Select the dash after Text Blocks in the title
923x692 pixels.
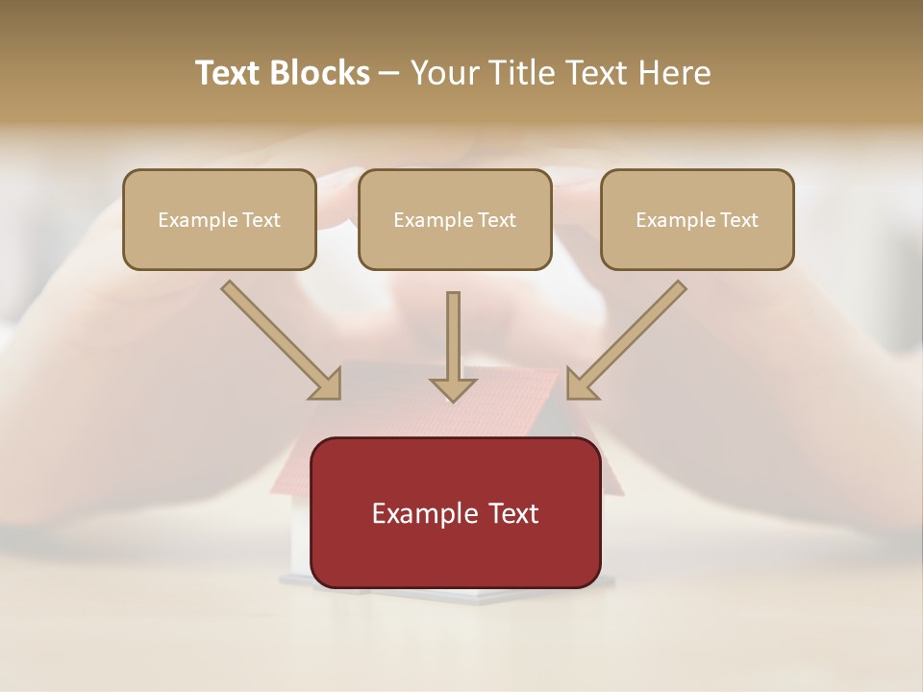click(x=389, y=74)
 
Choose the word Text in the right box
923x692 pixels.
click(x=738, y=220)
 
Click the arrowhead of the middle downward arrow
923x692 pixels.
click(x=453, y=388)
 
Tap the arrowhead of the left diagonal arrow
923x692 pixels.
click(x=327, y=385)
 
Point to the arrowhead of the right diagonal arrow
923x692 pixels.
click(x=581, y=385)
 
